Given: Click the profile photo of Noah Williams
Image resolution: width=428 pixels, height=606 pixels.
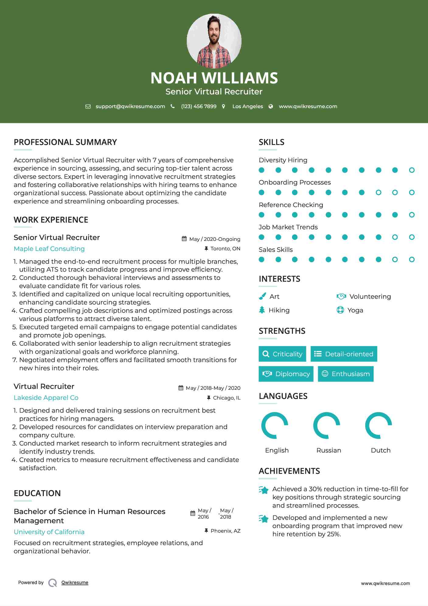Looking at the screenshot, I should click(x=214, y=41).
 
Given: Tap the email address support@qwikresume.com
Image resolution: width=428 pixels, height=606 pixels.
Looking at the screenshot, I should click(x=130, y=106).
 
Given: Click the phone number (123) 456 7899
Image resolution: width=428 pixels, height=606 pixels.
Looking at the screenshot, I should click(x=199, y=106).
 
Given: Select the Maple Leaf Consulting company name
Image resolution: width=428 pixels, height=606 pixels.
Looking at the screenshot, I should click(x=49, y=249).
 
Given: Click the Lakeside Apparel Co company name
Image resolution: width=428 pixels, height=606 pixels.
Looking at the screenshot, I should click(x=46, y=398).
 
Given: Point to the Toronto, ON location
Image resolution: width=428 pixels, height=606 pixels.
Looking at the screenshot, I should click(x=225, y=249).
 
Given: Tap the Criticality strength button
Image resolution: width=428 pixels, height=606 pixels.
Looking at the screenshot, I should click(x=282, y=354).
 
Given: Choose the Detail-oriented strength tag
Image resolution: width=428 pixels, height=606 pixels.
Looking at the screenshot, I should click(x=344, y=354).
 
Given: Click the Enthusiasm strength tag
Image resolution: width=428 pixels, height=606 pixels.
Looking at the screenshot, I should click(x=346, y=374).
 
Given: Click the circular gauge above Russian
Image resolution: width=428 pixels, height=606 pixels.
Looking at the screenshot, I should click(x=327, y=425).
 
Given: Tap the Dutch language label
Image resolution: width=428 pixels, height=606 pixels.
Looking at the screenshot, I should click(x=381, y=450).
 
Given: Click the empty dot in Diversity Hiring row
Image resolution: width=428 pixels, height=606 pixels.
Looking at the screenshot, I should click(x=412, y=170).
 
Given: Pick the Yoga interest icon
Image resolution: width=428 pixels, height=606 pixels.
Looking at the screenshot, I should click(x=340, y=310).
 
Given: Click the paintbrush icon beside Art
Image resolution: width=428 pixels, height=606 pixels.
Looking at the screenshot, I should click(x=262, y=296).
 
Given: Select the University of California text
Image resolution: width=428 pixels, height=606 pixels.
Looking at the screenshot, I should click(x=49, y=532).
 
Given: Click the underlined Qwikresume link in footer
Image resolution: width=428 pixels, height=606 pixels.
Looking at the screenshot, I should click(x=75, y=583).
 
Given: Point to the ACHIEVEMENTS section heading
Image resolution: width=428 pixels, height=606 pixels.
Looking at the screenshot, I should click(x=289, y=471).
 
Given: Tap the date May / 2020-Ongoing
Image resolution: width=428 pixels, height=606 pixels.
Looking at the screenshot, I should click(x=214, y=239).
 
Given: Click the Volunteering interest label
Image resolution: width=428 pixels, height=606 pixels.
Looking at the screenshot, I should click(x=370, y=297).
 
